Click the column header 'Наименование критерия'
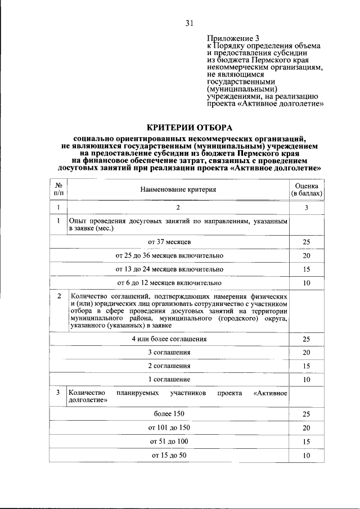pyautogui.click(x=178, y=190)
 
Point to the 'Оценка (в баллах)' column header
pyautogui.click(x=307, y=190)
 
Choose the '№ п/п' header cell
pyautogui.click(x=58, y=190)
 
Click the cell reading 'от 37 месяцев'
pyautogui.click(x=169, y=241)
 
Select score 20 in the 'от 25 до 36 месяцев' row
pyautogui.click(x=307, y=255)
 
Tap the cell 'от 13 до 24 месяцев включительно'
pyautogui.click(x=169, y=269)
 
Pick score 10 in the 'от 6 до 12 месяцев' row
pyautogui.click(x=307, y=283)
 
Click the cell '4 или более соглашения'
pyautogui.click(x=169, y=339)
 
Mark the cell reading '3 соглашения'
pyautogui.click(x=169, y=353)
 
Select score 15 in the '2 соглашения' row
pyautogui.click(x=307, y=366)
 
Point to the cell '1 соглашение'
pyautogui.click(x=169, y=380)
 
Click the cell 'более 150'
pyautogui.click(x=169, y=414)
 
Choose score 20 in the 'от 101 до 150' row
pyautogui.click(x=307, y=428)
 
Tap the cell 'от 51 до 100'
pyautogui.click(x=169, y=442)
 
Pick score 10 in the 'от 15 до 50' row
pyautogui.click(x=307, y=456)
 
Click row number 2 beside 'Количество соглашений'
pyautogui.click(x=58, y=295)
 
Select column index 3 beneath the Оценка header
pyautogui.click(x=307, y=208)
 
